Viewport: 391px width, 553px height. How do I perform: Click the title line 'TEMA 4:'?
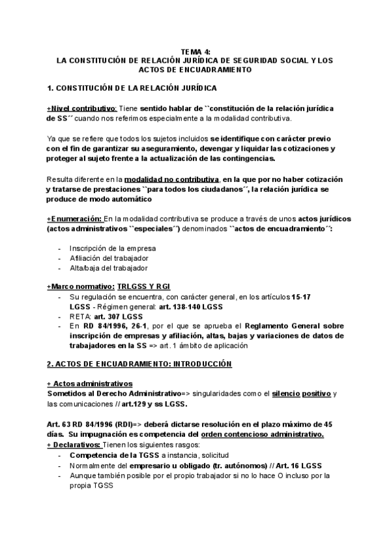click(195, 51)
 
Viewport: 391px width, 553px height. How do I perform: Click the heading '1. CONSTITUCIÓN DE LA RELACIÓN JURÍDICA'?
click(132, 87)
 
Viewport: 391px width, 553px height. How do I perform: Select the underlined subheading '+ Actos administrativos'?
click(90, 383)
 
